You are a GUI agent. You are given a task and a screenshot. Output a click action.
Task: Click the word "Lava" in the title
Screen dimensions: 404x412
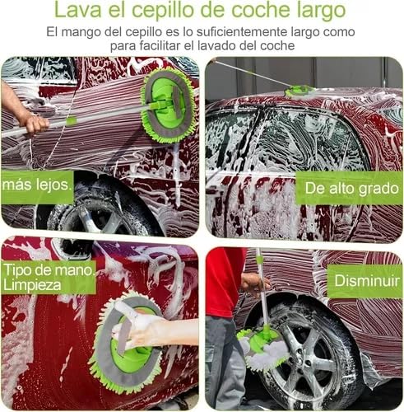pyautogui.click(x=78, y=10)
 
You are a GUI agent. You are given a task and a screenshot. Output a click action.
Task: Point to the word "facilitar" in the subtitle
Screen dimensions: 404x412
pyautogui.click(x=160, y=45)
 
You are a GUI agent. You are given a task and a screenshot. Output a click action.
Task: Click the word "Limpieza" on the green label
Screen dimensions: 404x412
pyautogui.click(x=32, y=285)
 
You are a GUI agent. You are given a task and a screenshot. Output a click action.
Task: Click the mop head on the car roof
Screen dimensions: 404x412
pyautogui.click(x=299, y=91)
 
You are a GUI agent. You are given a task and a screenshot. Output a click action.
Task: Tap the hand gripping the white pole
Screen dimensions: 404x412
pyautogui.click(x=35, y=124)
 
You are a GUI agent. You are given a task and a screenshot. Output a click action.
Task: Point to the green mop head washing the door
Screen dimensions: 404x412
pyautogui.click(x=168, y=105)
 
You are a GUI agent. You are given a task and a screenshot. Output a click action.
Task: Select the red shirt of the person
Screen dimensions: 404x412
pyautogui.click(x=224, y=282)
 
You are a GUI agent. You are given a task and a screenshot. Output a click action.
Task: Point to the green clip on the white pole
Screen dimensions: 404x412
pyautogui.click(x=71, y=121)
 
